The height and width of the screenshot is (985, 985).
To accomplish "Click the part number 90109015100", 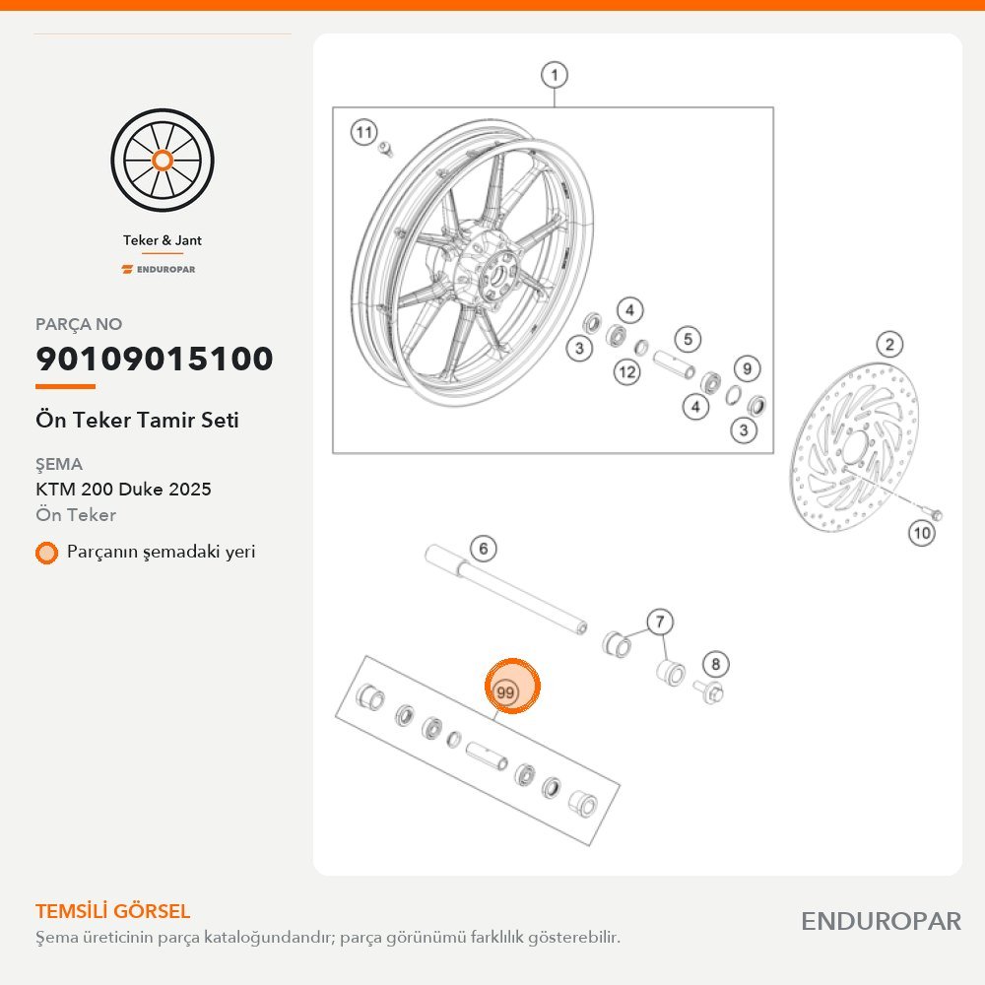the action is [155, 359].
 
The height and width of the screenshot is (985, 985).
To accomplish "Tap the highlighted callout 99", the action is [512, 687].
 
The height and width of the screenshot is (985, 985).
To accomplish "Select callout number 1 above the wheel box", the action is [554, 76].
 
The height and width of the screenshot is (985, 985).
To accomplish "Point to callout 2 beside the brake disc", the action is [889, 344].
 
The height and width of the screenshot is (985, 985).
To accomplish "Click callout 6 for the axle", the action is [483, 549].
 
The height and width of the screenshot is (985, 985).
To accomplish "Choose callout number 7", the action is [660, 622].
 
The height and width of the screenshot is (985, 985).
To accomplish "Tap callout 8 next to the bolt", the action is [715, 664].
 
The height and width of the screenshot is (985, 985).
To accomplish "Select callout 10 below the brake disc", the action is [922, 533].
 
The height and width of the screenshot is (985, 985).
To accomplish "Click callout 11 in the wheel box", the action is [363, 133].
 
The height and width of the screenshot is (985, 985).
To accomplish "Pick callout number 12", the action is [626, 372].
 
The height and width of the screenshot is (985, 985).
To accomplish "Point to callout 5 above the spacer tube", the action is [688, 339].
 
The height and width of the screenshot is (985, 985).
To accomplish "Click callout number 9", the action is [747, 368].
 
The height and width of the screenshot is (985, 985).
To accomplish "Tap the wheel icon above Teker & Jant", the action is [163, 161].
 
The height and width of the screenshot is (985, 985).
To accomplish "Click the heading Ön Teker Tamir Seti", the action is [137, 420].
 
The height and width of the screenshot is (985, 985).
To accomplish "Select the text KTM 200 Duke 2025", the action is [123, 489].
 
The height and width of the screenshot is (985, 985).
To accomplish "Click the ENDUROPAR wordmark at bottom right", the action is [881, 922].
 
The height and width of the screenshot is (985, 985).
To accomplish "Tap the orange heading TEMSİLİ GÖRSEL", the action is [112, 911].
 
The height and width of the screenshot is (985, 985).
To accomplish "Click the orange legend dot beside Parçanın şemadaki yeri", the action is [46, 553].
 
